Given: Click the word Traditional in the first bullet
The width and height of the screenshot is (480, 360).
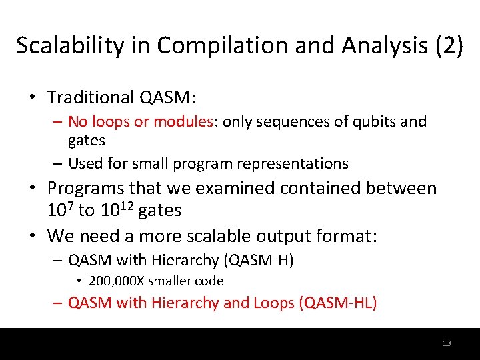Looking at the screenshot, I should (91, 97).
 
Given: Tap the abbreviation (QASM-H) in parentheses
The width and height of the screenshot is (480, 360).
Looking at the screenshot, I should (261, 260).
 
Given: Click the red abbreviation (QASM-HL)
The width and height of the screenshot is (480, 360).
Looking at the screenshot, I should (339, 303).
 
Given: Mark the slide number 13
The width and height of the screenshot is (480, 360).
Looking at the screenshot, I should (446, 343).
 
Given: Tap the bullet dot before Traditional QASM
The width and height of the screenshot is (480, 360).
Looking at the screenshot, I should (32, 98).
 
